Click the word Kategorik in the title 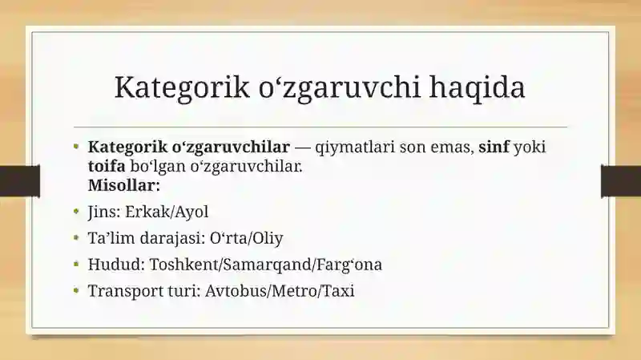click(182, 87)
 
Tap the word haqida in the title click(477, 87)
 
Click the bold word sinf click(494, 146)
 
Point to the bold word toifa click(107, 166)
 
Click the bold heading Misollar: click(124, 185)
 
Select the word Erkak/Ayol click(167, 212)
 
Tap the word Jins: click(104, 212)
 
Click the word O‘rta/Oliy click(246, 237)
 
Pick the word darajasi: click(172, 238)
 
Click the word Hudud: click(116, 264)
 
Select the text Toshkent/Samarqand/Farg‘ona click(266, 265)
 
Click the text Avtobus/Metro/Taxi click(280, 290)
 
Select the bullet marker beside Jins click(76, 211)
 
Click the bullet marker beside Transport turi click(76, 290)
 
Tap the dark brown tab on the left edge click(20, 181)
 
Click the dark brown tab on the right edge click(621, 181)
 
